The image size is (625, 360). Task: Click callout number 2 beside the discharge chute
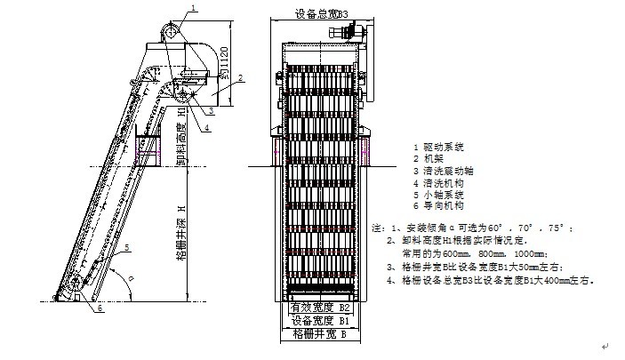click(240, 78)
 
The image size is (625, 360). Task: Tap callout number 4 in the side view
click(205, 127)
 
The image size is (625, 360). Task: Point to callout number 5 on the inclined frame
click(127, 246)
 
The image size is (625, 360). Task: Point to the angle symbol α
click(131, 277)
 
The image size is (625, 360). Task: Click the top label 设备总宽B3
click(321, 14)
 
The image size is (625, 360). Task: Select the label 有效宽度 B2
click(321, 308)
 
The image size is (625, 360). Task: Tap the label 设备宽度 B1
click(321, 320)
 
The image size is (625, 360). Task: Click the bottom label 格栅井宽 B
click(321, 334)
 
